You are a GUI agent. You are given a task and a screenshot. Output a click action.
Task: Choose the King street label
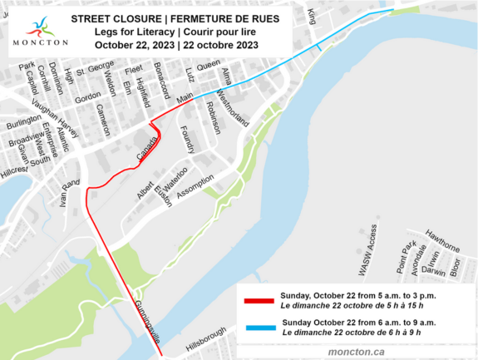313,14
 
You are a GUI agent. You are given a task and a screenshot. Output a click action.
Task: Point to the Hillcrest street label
14,170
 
